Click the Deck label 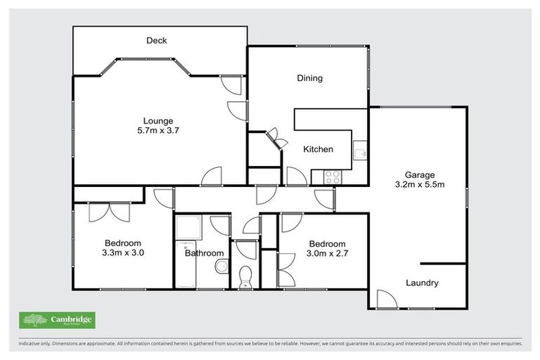point(156,41)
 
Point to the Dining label point(309,78)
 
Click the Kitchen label point(318,150)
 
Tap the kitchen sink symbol point(359,151)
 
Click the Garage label point(420,175)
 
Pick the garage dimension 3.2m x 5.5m point(420,185)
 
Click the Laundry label point(422,283)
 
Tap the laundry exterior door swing point(386,300)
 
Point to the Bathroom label point(204,253)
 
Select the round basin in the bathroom point(221,266)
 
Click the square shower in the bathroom point(188,227)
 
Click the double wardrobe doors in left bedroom point(109,212)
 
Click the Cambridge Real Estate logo point(57,320)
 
